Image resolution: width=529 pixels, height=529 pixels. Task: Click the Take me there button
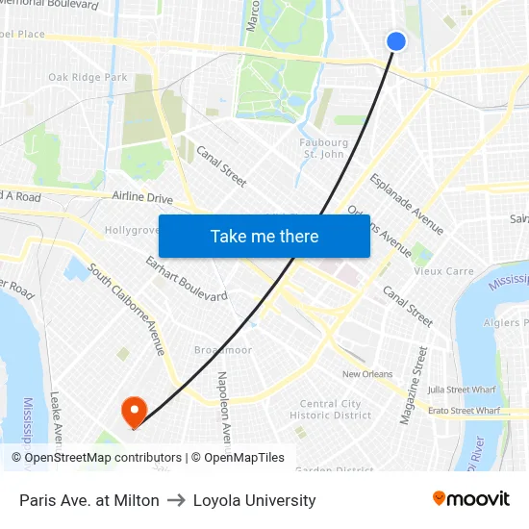(x=264, y=237)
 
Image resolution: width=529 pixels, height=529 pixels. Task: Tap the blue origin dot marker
(x=396, y=40)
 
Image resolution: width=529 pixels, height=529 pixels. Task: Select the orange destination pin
(x=133, y=412)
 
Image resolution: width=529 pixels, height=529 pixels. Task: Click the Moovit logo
(x=470, y=499)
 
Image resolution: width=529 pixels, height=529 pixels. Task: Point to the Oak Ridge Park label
(x=88, y=77)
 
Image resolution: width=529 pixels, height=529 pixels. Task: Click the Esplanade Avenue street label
(x=408, y=204)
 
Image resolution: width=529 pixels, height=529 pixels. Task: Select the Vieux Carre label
(x=443, y=271)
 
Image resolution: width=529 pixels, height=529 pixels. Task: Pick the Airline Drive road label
(x=142, y=198)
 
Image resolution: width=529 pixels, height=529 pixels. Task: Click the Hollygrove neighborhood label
(x=132, y=231)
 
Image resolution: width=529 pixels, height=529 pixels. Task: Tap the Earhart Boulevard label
(x=186, y=279)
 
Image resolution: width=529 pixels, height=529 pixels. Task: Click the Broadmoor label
(x=222, y=350)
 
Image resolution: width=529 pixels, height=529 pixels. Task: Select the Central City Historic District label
(x=330, y=410)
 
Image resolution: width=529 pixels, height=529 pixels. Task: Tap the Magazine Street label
(x=413, y=385)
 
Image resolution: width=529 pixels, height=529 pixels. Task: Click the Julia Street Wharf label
(x=464, y=390)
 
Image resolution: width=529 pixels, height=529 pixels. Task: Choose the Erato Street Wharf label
(x=464, y=411)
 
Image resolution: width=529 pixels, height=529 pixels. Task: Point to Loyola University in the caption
(x=254, y=500)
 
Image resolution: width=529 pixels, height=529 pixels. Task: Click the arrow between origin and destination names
(x=176, y=500)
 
